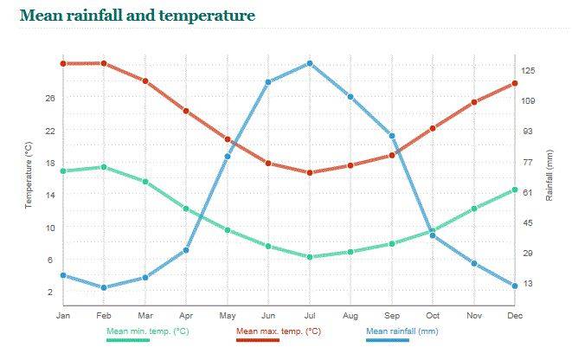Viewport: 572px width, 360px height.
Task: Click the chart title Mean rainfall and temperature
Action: tap(137, 16)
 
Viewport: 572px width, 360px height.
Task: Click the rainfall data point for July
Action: tap(309, 63)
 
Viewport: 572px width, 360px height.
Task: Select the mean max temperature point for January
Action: tap(63, 63)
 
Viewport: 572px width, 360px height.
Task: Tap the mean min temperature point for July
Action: tap(309, 257)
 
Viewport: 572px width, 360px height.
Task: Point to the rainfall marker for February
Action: tap(104, 287)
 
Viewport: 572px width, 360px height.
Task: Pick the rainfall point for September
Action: tap(392, 136)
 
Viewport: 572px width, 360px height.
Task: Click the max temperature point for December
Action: tap(515, 83)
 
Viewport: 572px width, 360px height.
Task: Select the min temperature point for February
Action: tap(104, 167)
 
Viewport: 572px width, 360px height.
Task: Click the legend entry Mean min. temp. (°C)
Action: tap(147, 331)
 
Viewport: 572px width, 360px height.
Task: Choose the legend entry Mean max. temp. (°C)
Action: tap(279, 331)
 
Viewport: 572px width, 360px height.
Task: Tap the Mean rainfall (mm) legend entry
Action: tap(402, 331)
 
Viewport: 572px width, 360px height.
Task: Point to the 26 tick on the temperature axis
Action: tap(50, 98)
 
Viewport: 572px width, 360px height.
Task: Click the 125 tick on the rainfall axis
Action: tap(527, 70)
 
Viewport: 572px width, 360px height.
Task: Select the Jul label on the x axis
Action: tap(309, 314)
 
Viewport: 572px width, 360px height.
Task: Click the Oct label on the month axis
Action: tap(433, 314)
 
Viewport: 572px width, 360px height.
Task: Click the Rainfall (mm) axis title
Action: tap(550, 175)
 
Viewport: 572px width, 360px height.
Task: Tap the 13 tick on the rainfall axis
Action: tap(527, 284)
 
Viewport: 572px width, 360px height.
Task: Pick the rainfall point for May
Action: tap(228, 156)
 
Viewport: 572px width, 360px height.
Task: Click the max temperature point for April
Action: tap(186, 111)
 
